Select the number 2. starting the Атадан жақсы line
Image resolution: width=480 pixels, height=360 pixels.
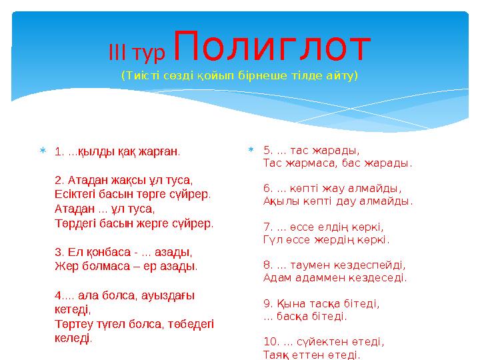point(59,180)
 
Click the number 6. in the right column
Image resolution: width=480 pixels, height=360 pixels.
point(269,188)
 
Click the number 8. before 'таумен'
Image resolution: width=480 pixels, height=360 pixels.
point(269,265)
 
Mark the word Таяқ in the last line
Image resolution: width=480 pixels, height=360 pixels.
point(277,354)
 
